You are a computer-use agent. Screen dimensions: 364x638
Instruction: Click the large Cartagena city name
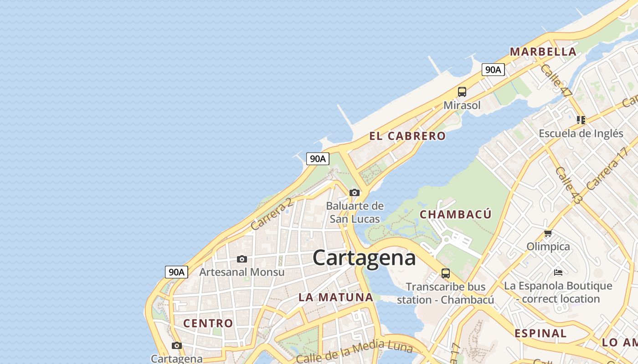tap(364, 258)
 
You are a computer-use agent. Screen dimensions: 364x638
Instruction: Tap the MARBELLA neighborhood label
tap(543, 52)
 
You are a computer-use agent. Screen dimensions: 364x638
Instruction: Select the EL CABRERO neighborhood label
tap(407, 136)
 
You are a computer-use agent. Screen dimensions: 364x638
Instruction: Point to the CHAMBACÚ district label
tap(455, 214)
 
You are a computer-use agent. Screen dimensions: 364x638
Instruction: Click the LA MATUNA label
tap(336, 298)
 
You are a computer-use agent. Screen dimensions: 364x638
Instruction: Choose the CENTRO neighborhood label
tap(208, 324)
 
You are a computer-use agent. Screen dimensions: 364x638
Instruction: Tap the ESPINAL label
tap(540, 334)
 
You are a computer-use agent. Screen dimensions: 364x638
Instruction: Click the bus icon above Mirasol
tap(462, 92)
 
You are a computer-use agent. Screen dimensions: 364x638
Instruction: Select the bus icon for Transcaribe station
tap(446, 273)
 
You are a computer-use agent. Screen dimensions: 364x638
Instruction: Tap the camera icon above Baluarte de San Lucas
tap(355, 192)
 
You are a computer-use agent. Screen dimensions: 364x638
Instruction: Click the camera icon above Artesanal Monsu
tap(242, 259)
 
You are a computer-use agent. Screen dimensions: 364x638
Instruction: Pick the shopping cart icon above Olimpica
tap(548, 233)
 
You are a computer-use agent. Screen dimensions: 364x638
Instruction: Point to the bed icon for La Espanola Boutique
tap(558, 273)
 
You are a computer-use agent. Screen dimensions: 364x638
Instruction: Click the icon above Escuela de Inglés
tap(581, 120)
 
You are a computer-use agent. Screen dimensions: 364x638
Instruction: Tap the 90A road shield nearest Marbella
tap(493, 70)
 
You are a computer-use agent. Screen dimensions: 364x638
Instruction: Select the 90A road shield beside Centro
tap(176, 272)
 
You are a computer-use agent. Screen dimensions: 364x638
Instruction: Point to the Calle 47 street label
tap(556, 81)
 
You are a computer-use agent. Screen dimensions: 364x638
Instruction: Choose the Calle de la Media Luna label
tap(354, 353)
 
